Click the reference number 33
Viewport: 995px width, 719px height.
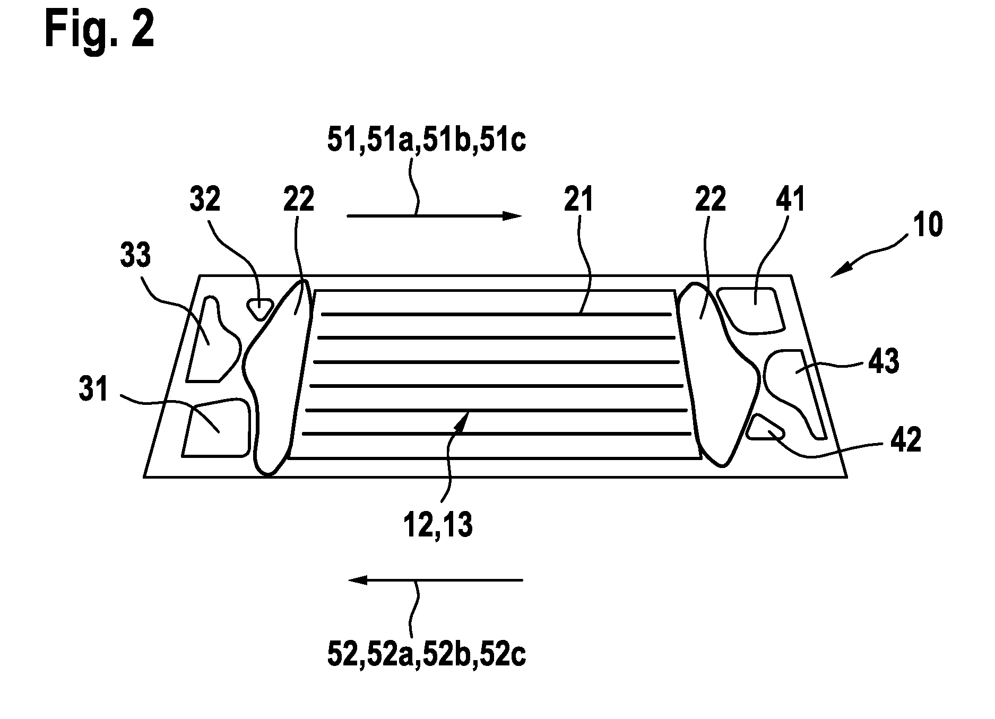pos(135,256)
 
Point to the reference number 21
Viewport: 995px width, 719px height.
pos(579,201)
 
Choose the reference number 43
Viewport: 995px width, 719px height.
pos(884,362)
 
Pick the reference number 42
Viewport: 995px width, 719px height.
pos(906,440)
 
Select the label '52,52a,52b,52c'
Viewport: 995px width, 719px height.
pos(427,655)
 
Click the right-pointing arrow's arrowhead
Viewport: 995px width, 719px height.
pos(512,215)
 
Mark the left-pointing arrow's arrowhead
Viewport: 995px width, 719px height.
pos(358,580)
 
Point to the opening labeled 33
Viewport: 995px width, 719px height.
pos(212,340)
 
